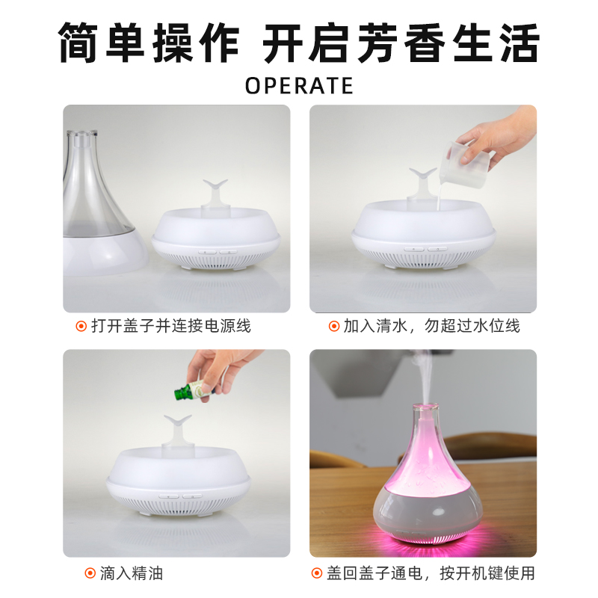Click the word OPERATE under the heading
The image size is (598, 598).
(299, 85)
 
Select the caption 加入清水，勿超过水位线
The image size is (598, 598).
(431, 326)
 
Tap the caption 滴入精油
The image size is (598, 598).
(132, 573)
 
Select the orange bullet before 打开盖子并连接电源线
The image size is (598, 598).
(82, 326)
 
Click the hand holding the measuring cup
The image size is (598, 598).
(501, 135)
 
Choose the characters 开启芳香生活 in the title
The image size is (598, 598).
(400, 43)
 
